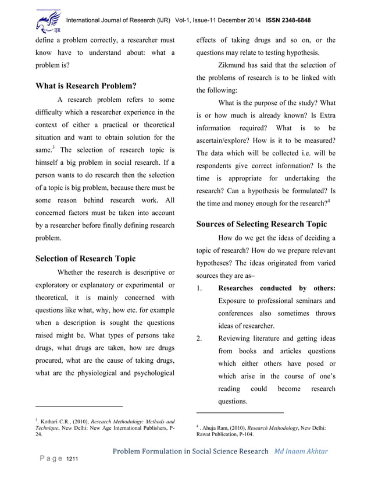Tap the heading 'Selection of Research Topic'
pos(85,259)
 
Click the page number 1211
pos(72,461)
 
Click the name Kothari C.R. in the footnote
pos(56,420)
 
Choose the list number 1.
pos(199,288)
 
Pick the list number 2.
pos(199,338)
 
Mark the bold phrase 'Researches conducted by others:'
pos(276,288)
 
